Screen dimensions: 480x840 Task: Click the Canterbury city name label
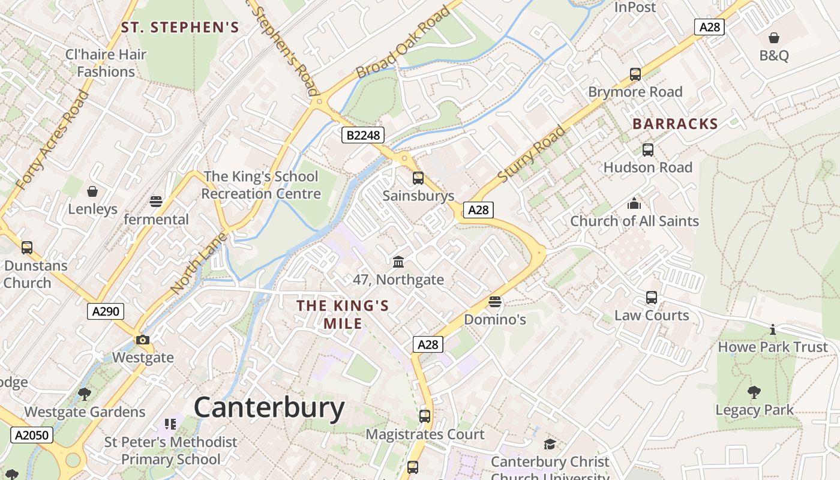point(269,408)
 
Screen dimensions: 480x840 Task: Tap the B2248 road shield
point(363,135)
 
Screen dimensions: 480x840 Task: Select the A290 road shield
point(106,311)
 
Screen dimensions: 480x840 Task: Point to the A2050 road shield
point(31,435)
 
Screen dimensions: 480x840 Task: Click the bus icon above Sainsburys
point(418,178)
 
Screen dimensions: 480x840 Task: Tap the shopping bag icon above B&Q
point(774,38)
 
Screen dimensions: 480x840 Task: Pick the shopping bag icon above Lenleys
point(92,191)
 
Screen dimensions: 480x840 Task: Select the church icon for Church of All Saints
point(634,203)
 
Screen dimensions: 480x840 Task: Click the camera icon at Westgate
point(142,340)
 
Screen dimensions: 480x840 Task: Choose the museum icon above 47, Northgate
point(398,262)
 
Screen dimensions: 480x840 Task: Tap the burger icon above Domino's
point(495,301)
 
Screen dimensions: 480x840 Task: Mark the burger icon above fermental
point(156,201)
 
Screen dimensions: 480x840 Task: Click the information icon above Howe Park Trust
point(773,329)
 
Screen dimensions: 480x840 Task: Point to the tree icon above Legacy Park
point(754,392)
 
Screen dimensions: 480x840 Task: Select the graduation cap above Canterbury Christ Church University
point(550,444)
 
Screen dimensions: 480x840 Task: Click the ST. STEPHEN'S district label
point(180,27)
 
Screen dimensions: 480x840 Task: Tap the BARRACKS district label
point(675,124)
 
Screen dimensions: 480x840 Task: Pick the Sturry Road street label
point(532,154)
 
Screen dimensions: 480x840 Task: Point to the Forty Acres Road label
point(52,140)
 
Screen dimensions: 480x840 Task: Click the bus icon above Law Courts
point(652,298)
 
